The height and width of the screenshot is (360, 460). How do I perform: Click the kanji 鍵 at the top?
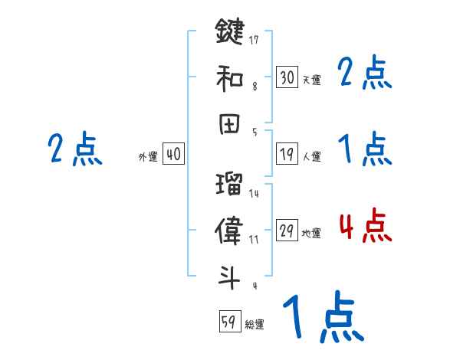click(x=229, y=32)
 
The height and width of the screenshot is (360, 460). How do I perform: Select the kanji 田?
click(x=229, y=123)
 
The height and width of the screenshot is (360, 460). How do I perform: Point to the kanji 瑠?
click(x=229, y=184)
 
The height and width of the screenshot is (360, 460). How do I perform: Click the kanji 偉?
click(x=229, y=229)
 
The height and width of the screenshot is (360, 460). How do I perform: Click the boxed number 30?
click(x=287, y=77)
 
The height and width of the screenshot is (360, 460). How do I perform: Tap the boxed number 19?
click(x=287, y=155)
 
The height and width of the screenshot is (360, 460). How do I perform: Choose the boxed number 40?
click(x=173, y=155)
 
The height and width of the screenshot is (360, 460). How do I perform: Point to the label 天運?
click(x=311, y=80)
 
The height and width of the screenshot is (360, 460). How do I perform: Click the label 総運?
click(x=255, y=324)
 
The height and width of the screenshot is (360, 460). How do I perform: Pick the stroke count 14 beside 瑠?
click(x=255, y=194)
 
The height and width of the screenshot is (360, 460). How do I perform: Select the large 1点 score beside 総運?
click(x=322, y=318)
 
